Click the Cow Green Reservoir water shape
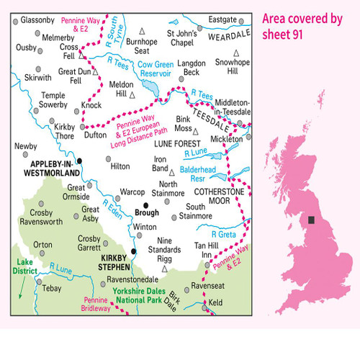pos(153,89)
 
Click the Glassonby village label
pos(34,19)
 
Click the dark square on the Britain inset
pos(311,220)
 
